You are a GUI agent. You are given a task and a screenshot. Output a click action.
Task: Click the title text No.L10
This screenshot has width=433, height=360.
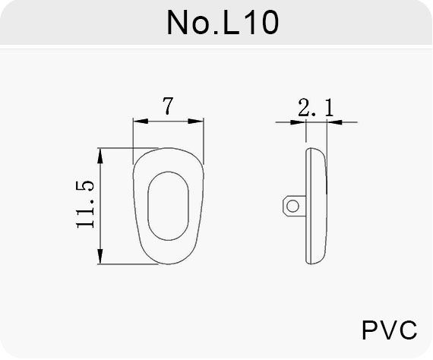click(x=223, y=22)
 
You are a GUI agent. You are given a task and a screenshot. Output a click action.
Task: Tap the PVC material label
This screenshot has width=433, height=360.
click(x=390, y=330)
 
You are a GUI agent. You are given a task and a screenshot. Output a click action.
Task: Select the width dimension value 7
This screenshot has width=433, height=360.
click(x=168, y=106)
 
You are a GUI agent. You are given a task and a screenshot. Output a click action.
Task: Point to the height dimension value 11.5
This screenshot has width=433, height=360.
click(x=85, y=204)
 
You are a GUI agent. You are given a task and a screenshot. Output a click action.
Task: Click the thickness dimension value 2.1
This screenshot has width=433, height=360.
click(x=316, y=107)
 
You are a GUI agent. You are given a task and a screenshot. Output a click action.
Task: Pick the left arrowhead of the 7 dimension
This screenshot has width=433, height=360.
click(x=141, y=122)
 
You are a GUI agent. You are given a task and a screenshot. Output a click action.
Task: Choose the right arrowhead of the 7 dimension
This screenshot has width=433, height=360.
click(x=195, y=122)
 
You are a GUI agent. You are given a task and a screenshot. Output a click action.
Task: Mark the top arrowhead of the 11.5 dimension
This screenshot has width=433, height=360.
click(x=100, y=156)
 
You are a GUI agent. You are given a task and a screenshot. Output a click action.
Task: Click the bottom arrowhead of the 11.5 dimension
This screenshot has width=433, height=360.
click(x=100, y=257)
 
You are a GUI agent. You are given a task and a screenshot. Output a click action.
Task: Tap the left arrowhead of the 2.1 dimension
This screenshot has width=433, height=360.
click(x=298, y=122)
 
